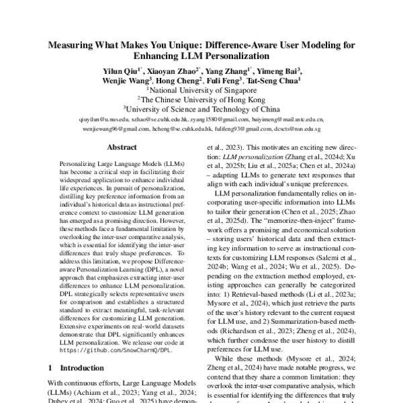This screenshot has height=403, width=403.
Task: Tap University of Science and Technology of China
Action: click(201, 107)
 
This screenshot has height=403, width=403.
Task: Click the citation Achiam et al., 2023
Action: click(96, 392)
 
